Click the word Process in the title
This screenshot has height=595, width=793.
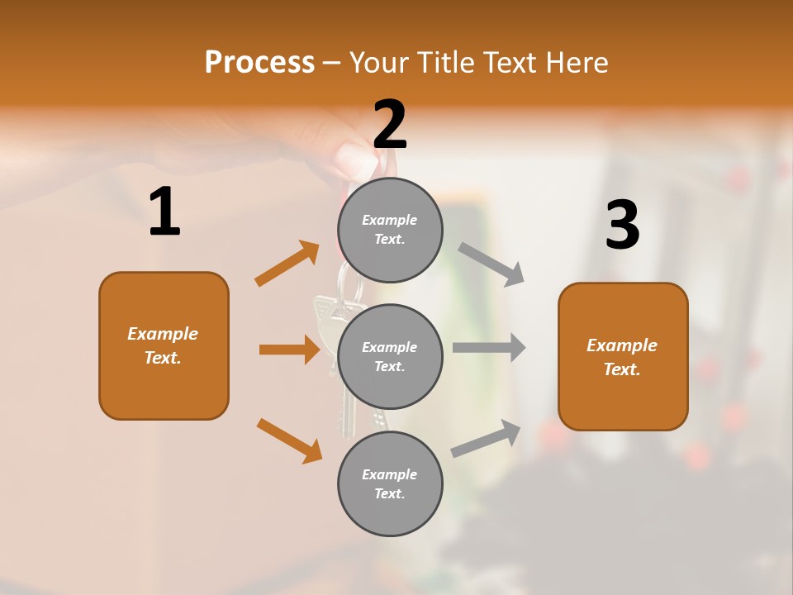pos(259,63)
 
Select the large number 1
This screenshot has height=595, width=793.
pos(164,212)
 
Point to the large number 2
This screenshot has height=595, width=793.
pos(390,124)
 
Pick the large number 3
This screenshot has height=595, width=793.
pos(622,225)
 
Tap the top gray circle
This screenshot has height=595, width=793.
pos(390,230)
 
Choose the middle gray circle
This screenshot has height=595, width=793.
pos(390,356)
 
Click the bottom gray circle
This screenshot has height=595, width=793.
pos(390,483)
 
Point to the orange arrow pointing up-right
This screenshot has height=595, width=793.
pos(287,264)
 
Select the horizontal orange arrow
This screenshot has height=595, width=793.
pos(289,350)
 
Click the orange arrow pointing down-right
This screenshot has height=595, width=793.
pos(289,440)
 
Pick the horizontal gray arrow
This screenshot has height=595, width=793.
pos(489,347)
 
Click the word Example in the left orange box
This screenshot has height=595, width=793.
pos(163,334)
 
